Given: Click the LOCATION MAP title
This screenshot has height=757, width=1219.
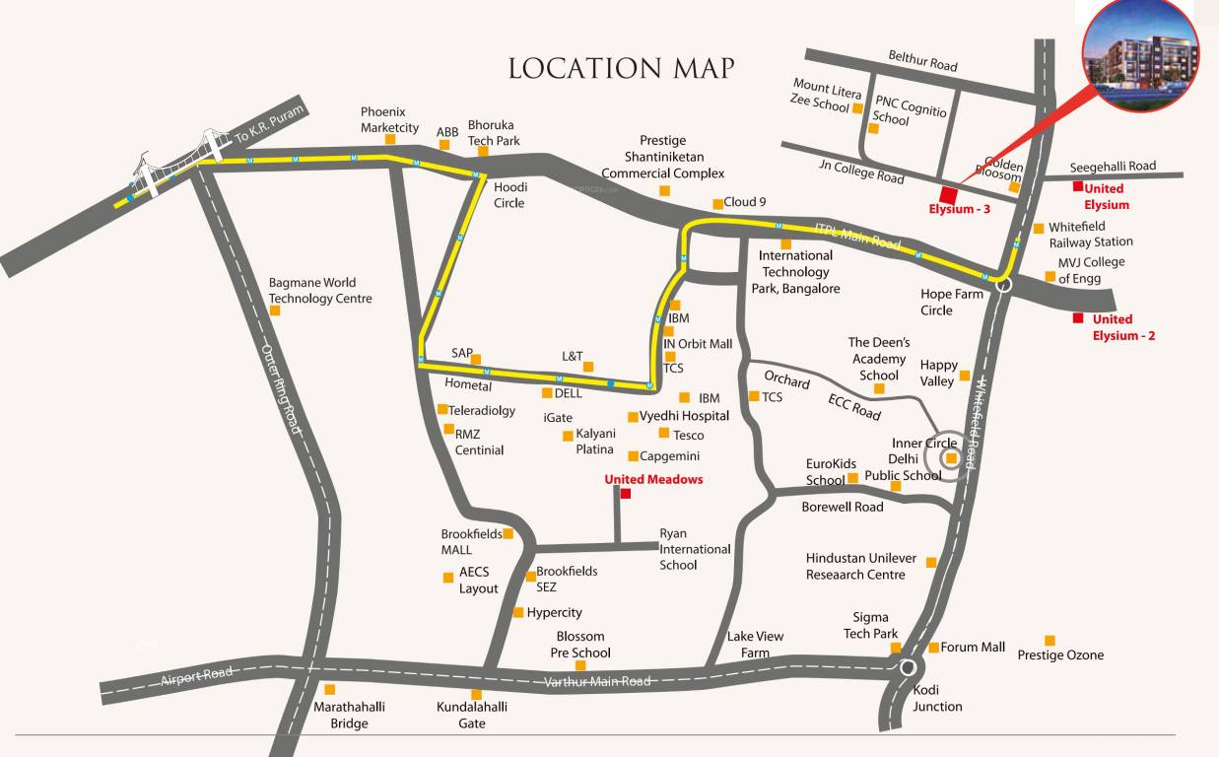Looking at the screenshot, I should point(621,68).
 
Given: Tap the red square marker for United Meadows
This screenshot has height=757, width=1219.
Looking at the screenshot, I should point(625,494).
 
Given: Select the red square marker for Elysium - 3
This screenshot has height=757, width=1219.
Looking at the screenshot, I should point(948,193).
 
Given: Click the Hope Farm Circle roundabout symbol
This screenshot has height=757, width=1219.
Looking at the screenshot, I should point(1002,285).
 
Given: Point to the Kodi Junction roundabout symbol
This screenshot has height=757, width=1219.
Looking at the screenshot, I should point(907,667).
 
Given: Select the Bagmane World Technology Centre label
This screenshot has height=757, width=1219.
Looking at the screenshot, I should point(320,291).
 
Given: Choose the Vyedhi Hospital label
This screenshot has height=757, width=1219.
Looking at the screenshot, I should point(684,416).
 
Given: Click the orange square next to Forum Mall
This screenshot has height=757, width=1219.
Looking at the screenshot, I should point(933,648).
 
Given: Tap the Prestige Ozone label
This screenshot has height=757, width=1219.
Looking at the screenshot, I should point(1060,655).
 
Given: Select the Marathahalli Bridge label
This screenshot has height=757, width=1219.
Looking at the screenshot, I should point(349,715).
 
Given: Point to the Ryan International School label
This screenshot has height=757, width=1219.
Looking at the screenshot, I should point(695,549).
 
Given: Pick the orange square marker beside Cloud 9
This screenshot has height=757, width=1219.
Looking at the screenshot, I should point(717,204).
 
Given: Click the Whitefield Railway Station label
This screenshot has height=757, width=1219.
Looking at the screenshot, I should point(1090,235).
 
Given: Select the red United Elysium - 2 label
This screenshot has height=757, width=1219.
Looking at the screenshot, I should point(1122,327).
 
